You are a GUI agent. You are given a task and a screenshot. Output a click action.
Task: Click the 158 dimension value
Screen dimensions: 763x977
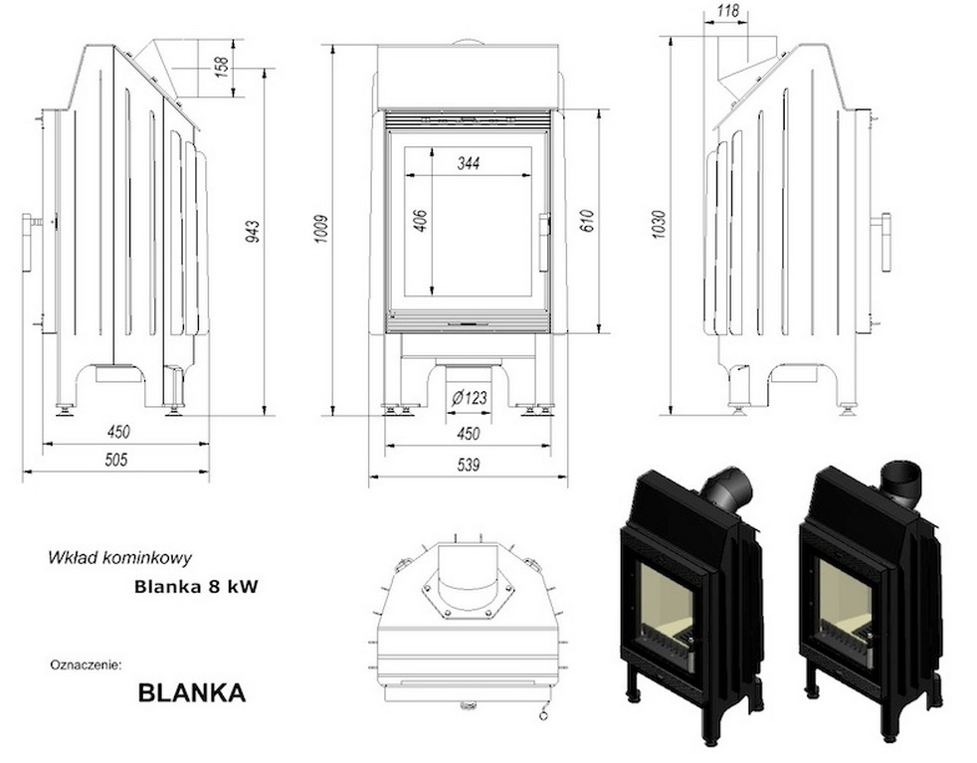tap(222, 67)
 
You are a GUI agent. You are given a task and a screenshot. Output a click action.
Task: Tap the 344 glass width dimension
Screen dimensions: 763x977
tap(469, 164)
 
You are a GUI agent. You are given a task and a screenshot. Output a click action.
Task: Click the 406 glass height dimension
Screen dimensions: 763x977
tap(419, 221)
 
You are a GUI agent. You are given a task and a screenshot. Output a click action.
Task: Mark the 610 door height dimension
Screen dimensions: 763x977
tap(586, 221)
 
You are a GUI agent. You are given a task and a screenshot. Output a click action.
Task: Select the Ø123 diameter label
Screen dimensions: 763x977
tap(469, 398)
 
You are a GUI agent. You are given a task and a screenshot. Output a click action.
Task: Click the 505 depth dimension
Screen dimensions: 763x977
tap(116, 460)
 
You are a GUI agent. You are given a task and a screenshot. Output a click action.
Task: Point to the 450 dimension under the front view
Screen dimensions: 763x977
tap(468, 434)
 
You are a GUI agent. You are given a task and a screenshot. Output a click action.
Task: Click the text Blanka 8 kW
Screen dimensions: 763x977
tap(196, 587)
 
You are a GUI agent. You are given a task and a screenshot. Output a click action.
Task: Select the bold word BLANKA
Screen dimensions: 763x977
tap(191, 692)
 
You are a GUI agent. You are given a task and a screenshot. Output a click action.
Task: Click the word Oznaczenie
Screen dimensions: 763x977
tap(85, 662)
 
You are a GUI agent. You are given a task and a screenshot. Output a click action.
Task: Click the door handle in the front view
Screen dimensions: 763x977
tap(544, 242)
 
